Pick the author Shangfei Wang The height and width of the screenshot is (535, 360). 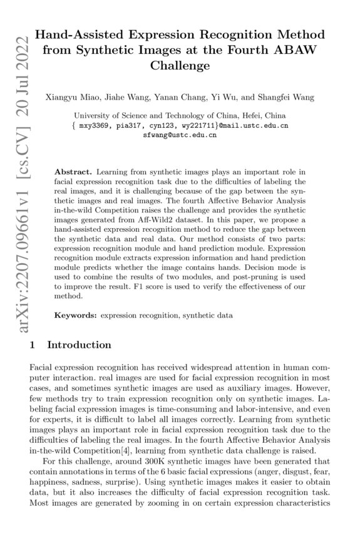(x=285, y=97)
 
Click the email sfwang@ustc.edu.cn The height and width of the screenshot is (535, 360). (x=180, y=135)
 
